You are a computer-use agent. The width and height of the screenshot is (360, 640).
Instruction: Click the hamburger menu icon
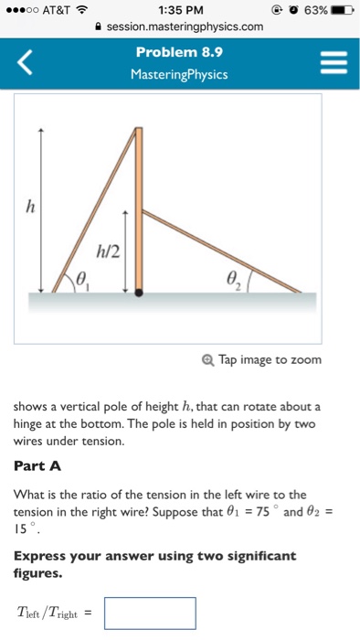(x=333, y=63)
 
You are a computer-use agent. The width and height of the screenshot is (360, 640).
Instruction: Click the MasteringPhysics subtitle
(x=179, y=73)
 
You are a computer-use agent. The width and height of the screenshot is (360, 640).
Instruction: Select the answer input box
(x=150, y=613)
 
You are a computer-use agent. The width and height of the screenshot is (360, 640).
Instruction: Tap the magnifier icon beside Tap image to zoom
(x=207, y=359)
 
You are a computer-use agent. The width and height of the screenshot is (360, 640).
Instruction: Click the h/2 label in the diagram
(x=109, y=249)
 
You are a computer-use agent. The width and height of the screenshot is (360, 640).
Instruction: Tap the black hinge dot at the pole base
(x=139, y=293)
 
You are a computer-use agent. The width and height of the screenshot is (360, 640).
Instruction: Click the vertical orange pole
(x=139, y=201)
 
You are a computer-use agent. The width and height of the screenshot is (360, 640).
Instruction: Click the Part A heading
(x=37, y=465)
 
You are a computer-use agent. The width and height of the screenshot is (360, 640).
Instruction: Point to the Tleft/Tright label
(x=52, y=613)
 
